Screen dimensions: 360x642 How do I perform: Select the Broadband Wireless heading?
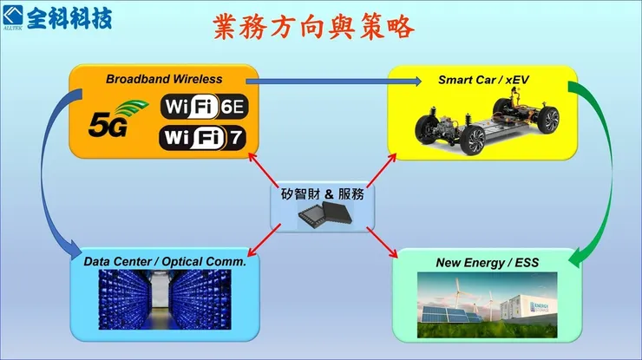tap(163, 79)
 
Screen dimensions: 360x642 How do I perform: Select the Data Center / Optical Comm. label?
tap(165, 261)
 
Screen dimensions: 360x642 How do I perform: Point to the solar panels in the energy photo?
tap(448, 317)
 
